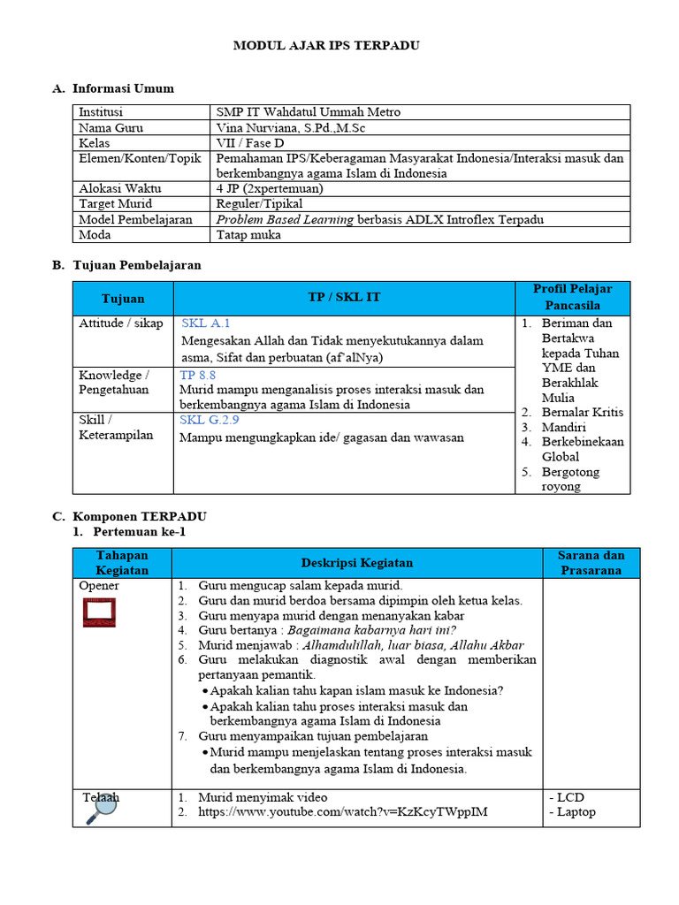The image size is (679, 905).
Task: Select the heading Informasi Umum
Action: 123,88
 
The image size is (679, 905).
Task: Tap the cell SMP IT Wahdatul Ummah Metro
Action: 308,112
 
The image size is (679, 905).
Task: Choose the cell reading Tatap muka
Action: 248,235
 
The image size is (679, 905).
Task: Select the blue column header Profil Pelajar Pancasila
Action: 572,297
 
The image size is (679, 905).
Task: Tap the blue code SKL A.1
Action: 205,323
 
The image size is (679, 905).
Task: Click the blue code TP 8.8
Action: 199,375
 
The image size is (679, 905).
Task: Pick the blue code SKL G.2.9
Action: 210,420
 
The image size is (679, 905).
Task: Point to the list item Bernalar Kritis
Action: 582,412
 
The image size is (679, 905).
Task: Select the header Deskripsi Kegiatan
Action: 356,563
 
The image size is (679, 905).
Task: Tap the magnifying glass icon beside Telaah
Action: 103,809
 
